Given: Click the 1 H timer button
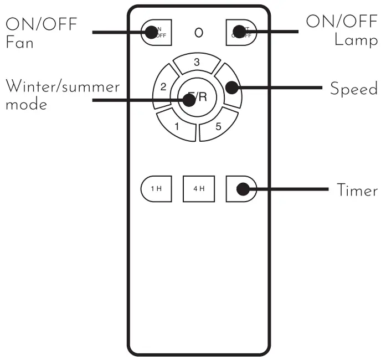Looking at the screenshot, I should (156, 189).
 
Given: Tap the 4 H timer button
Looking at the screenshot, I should (199, 189).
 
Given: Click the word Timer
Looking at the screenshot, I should (357, 190).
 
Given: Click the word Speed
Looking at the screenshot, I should (353, 89).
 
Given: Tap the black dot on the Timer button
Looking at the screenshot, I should (242, 189).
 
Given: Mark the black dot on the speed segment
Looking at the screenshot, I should (232, 88).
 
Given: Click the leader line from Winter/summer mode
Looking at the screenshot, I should (138, 100).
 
